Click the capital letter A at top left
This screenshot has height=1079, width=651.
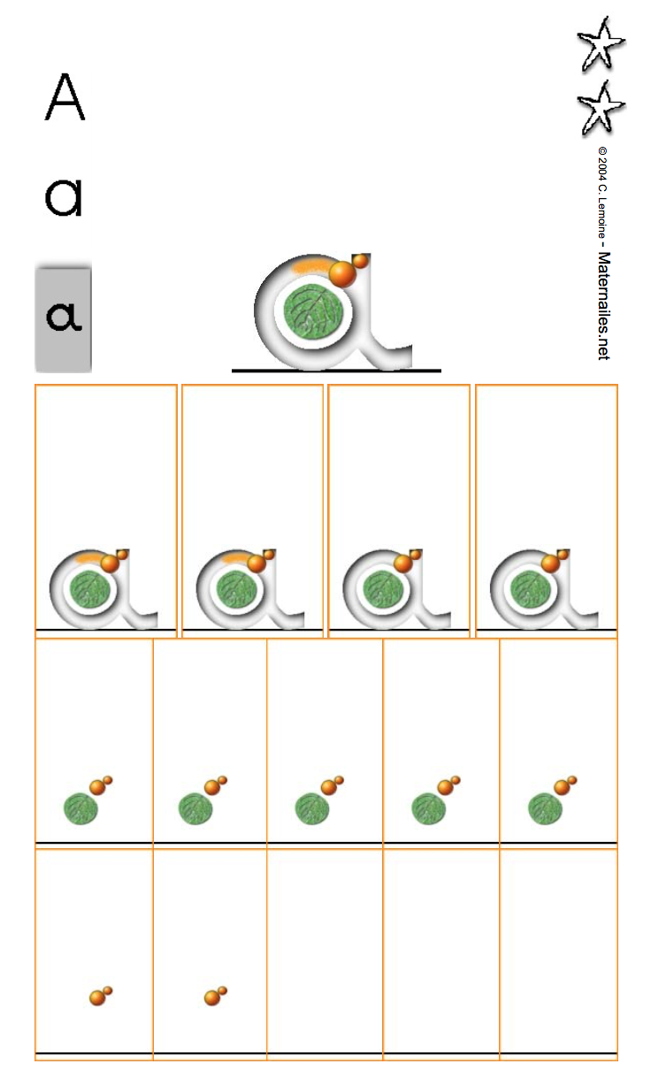coord(65,96)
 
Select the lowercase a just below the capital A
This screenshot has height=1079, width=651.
coord(64,197)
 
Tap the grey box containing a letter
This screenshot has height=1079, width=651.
coord(63,318)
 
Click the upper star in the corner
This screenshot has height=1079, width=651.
coord(601,44)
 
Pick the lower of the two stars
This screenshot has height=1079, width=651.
coord(601,108)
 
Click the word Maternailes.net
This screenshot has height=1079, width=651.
coord(603,305)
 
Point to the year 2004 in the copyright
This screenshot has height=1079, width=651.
coord(602,169)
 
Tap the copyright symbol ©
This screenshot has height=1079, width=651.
coord(602,151)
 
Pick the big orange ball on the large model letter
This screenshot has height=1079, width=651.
coord(342,273)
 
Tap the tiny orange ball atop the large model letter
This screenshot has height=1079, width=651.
coord(360,261)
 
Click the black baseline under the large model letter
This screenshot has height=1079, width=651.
coord(336,371)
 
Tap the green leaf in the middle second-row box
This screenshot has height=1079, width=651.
coord(312,808)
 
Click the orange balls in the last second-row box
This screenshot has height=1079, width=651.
coord(564,785)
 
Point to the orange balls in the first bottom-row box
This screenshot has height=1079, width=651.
coord(101,995)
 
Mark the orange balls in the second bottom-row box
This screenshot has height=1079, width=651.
coord(216,995)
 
